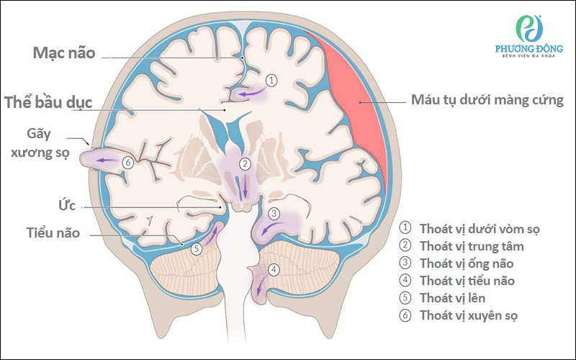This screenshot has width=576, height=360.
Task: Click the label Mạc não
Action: (x=63, y=53)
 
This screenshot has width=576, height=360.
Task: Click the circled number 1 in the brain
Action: (x=271, y=80)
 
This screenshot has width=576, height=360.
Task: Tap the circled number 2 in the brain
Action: (x=246, y=163)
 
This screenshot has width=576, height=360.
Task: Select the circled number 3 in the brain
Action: (x=274, y=214)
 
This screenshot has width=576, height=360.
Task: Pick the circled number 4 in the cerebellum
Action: (x=273, y=271)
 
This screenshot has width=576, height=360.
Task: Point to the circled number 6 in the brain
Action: (x=127, y=163)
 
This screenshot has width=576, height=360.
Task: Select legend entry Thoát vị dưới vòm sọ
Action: (x=479, y=230)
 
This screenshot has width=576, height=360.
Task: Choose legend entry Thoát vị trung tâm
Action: (x=471, y=246)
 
